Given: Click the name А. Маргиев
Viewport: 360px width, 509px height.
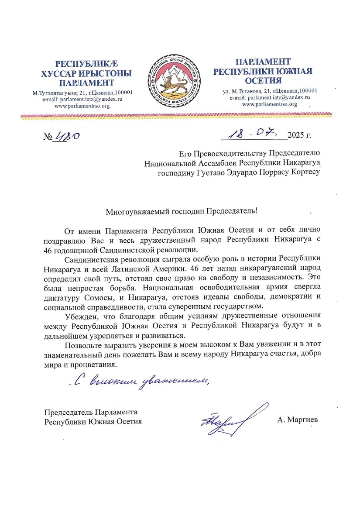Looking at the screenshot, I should (298, 420).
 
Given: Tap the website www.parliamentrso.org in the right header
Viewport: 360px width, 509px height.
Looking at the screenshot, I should (269, 104).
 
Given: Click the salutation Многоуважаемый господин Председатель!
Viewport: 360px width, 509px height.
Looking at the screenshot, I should (182, 211).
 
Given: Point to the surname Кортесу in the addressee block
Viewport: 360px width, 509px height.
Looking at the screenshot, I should (303, 172).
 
